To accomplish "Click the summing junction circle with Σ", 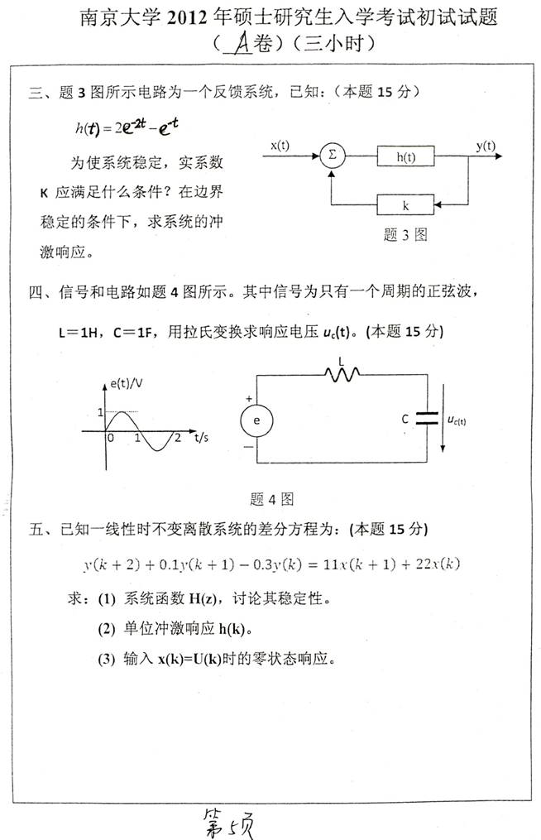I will point(333,155).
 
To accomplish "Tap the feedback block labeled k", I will point(406,204).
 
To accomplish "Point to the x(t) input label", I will point(280,146).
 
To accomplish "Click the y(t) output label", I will point(486,146).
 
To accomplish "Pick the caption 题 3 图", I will point(405,235).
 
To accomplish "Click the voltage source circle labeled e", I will point(257,420).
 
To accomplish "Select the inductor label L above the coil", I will point(342,361).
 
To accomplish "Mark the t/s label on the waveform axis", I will point(202,437).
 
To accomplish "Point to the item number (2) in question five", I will point(106,629).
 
